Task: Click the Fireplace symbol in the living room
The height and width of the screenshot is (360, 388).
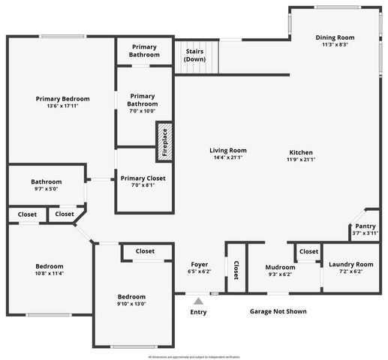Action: point(164,142)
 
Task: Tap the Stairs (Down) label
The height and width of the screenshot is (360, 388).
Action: point(195,55)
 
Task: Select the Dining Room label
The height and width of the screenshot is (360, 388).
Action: point(335,37)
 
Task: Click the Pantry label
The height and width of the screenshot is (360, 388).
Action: point(365,226)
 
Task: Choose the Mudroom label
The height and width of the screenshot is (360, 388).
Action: point(266,267)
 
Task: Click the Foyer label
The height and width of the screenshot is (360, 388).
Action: point(199,264)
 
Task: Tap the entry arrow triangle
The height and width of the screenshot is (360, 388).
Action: point(198,301)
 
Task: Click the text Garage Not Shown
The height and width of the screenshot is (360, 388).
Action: point(278,311)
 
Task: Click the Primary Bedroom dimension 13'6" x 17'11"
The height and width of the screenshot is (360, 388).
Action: point(63,106)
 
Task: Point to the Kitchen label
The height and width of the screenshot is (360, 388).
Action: point(301,151)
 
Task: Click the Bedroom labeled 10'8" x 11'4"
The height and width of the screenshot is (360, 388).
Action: point(50,270)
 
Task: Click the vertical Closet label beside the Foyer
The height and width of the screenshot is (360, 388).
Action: point(236,271)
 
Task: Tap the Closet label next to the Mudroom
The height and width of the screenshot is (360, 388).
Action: point(308,251)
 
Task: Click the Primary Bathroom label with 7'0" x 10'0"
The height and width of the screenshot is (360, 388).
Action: point(143,103)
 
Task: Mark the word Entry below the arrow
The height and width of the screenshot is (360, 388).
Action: point(198,312)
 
